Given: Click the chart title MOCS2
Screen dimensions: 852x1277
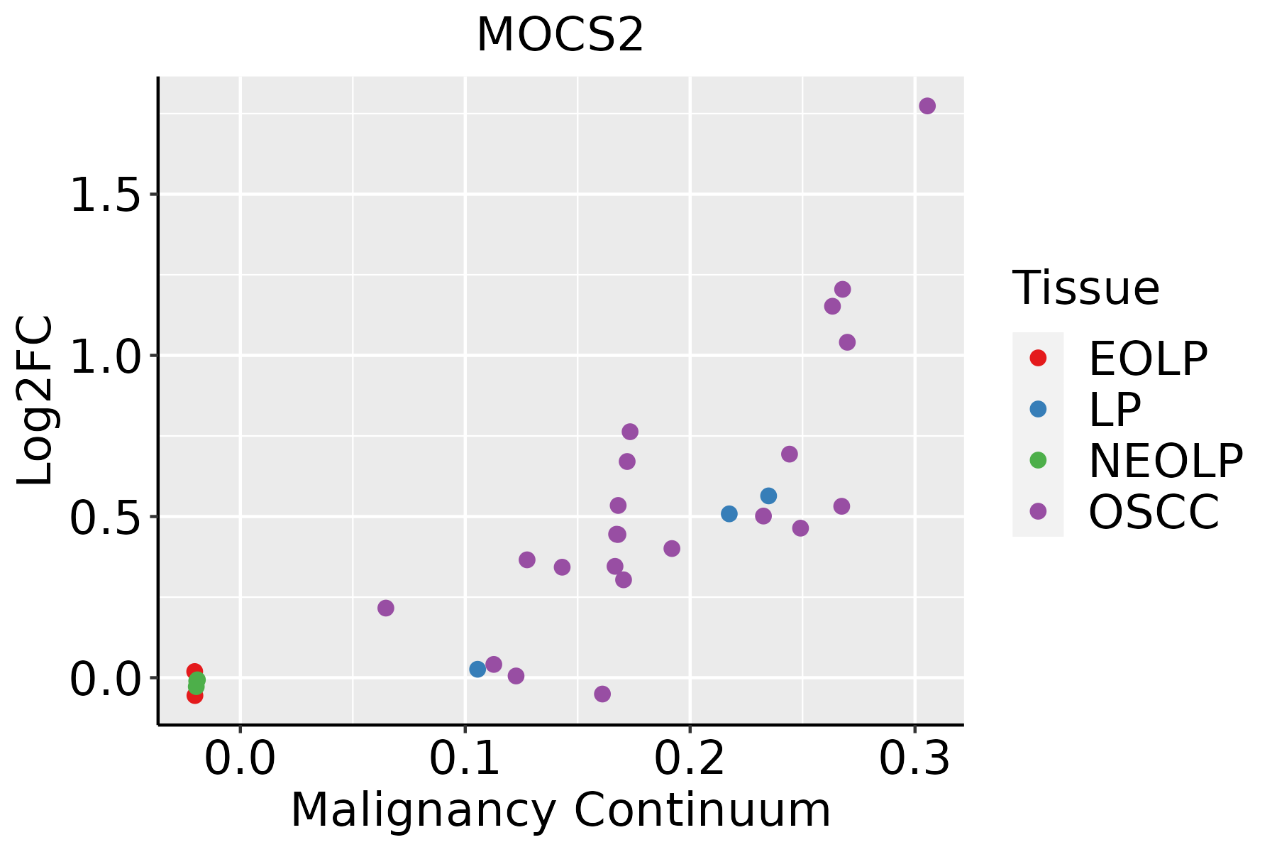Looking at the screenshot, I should coord(560,35).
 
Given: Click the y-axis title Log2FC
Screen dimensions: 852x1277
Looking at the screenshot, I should coord(35,401).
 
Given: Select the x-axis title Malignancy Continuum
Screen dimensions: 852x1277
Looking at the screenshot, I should coord(560,811).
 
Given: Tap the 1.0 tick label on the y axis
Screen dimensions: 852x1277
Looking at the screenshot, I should coord(106,356).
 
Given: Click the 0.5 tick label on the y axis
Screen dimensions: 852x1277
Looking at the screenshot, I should coord(106,518).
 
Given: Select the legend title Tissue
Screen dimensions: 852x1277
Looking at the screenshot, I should coord(1085,288).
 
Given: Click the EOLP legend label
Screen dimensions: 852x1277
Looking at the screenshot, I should coord(1147,359).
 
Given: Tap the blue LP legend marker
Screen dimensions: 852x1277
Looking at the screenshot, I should coord(1038,409).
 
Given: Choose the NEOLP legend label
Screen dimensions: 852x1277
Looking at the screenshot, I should coord(1165,461).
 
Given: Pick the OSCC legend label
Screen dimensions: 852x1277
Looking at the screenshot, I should coord(1154,512).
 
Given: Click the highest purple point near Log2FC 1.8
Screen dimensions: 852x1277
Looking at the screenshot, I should coord(927,106).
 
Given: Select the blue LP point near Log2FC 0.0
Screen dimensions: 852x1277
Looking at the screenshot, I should coord(477,669).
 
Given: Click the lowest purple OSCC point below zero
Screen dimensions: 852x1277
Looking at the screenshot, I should coord(602,694).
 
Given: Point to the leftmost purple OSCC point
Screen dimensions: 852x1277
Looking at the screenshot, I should coord(386,608).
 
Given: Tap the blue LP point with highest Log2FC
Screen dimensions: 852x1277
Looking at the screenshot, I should coord(768,496).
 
